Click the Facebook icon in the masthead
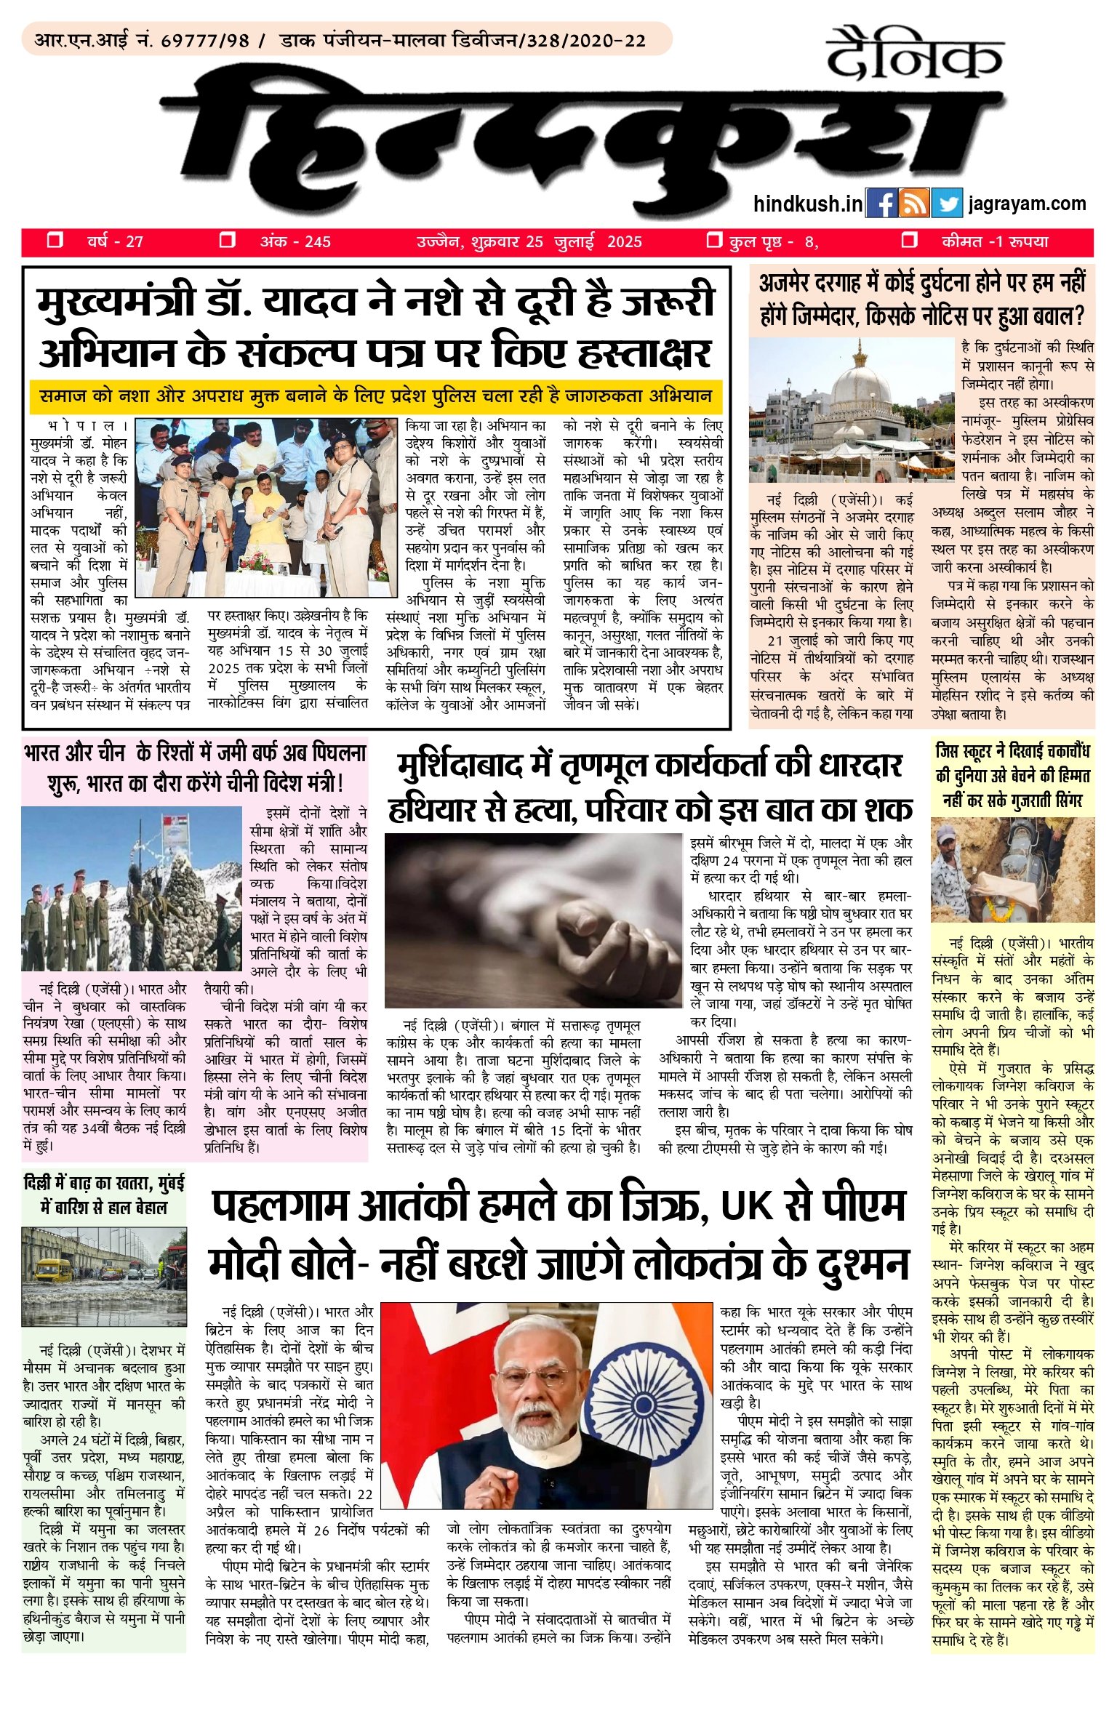[881, 204]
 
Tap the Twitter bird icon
[946, 204]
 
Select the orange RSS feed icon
[913, 204]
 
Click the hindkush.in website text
[807, 204]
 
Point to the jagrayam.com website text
[1027, 204]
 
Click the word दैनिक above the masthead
[914, 55]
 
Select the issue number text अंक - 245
[295, 241]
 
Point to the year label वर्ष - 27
[115, 241]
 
